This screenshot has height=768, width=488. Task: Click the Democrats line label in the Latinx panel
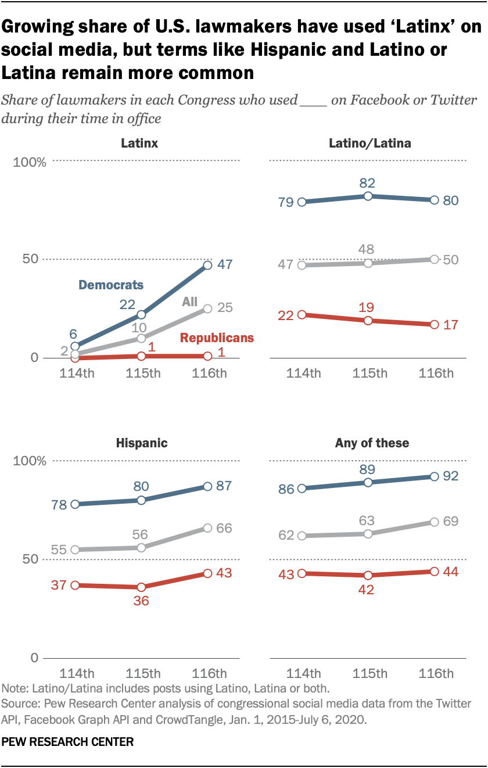point(110,285)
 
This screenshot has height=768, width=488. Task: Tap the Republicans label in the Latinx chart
point(217,338)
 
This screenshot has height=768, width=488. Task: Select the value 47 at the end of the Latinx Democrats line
point(225,264)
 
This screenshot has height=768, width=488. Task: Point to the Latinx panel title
point(139,143)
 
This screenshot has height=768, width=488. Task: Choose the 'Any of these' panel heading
point(372,443)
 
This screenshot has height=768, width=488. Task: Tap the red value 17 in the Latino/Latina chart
point(451,325)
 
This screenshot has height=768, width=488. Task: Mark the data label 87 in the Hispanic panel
point(224,486)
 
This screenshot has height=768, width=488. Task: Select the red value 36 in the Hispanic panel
point(141,601)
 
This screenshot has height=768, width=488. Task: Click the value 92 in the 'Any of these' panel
point(451,476)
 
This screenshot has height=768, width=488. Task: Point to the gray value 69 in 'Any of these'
point(451,521)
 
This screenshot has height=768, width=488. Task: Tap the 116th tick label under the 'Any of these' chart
point(435,674)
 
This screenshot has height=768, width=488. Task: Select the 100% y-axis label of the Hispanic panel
point(29,461)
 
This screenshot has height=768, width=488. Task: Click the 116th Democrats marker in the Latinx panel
point(207,265)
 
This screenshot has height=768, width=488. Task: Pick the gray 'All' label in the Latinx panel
point(189,301)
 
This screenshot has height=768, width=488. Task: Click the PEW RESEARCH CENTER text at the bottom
point(68,742)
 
